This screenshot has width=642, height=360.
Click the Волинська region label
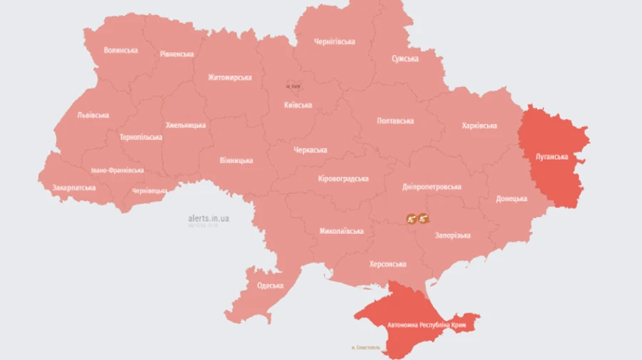(120, 51)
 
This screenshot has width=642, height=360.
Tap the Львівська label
(93, 115)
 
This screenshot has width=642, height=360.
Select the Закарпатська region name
(73, 188)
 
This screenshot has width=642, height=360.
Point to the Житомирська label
(230, 78)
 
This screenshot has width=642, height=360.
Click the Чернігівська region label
(335, 42)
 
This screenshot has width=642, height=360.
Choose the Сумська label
(404, 58)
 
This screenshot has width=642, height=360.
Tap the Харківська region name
(479, 126)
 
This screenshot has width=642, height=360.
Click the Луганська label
(551, 156)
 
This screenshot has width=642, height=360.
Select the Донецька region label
(511, 199)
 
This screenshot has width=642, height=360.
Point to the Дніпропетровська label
(432, 187)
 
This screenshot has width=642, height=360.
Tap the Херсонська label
(387, 264)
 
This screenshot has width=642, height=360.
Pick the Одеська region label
(270, 286)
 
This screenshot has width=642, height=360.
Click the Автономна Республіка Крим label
(427, 324)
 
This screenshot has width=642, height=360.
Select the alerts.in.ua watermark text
(208, 218)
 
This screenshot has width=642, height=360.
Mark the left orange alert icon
(411, 218)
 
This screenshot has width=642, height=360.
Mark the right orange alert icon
(423, 218)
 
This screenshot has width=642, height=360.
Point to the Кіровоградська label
(343, 178)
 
